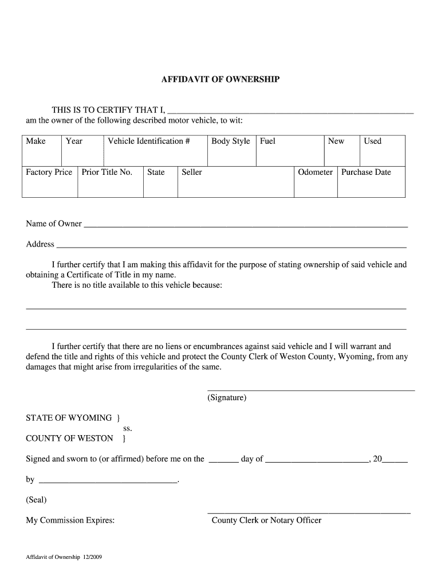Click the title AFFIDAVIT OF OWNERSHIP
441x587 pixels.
[220, 80]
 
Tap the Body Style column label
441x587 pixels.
[230, 141]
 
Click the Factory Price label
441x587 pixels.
[49, 172]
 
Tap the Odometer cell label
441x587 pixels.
[315, 172]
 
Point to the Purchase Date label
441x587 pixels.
[366, 172]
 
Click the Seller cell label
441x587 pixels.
[192, 172]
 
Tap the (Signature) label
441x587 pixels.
[227, 397]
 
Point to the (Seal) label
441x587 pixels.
[36, 500]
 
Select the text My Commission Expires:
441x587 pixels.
[70, 521]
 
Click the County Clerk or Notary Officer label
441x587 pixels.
[266, 521]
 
